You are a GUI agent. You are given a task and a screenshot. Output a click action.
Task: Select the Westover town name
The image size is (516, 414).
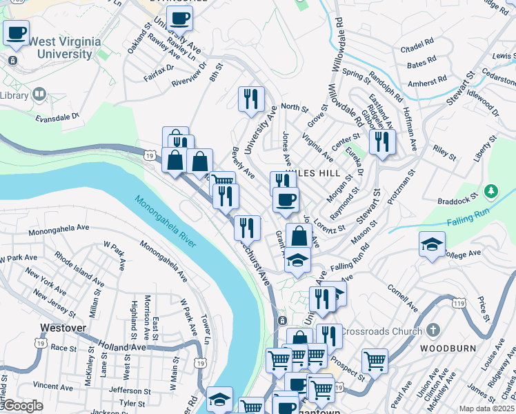(62, 328)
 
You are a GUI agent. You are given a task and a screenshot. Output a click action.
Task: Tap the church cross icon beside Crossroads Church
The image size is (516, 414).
(433, 331)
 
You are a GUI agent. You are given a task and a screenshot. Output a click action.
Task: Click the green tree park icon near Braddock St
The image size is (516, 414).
(490, 190)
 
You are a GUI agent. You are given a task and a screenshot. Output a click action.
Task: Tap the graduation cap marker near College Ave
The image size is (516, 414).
(432, 244)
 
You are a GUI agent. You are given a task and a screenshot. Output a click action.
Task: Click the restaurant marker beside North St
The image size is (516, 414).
(251, 98)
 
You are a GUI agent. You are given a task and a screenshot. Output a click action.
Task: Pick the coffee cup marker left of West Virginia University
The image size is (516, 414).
(17, 32)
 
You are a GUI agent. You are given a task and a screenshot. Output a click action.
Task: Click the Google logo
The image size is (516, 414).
(22, 406)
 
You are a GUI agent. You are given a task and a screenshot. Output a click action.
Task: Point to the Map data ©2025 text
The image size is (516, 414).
(486, 408)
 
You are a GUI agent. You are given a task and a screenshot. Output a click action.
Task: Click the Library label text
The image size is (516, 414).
(14, 95)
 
